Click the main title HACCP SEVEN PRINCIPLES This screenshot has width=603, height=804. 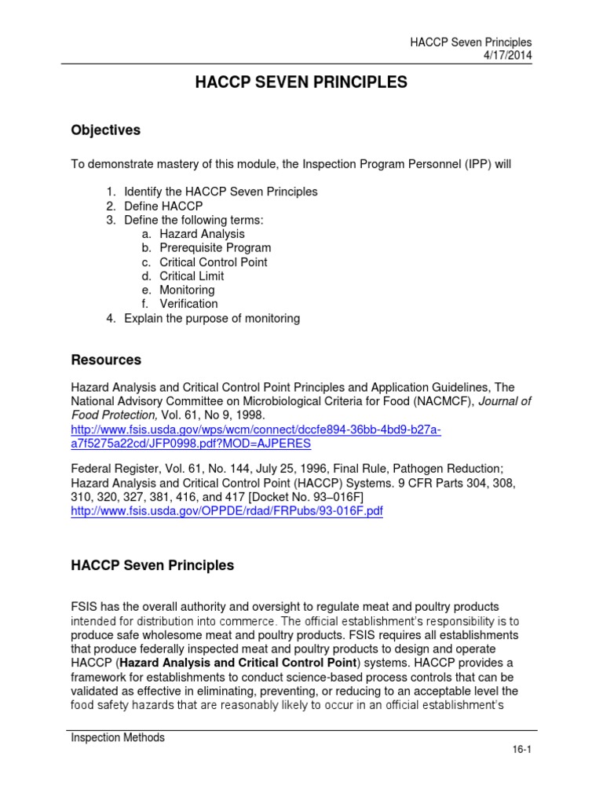click(301, 82)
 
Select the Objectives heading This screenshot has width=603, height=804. click(106, 130)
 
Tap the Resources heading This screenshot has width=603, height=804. click(106, 360)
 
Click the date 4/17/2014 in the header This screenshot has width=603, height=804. click(505, 55)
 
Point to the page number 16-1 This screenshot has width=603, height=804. click(521, 750)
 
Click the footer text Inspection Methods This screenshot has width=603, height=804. click(118, 737)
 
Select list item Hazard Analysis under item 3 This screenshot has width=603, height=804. click(202, 234)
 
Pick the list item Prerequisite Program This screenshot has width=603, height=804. click(215, 248)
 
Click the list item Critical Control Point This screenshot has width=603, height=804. click(213, 262)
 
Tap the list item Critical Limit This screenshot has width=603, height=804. click(192, 276)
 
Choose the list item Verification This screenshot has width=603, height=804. click(188, 304)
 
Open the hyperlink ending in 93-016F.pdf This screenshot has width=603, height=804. click(227, 511)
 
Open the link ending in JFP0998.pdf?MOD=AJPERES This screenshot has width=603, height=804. click(191, 444)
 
